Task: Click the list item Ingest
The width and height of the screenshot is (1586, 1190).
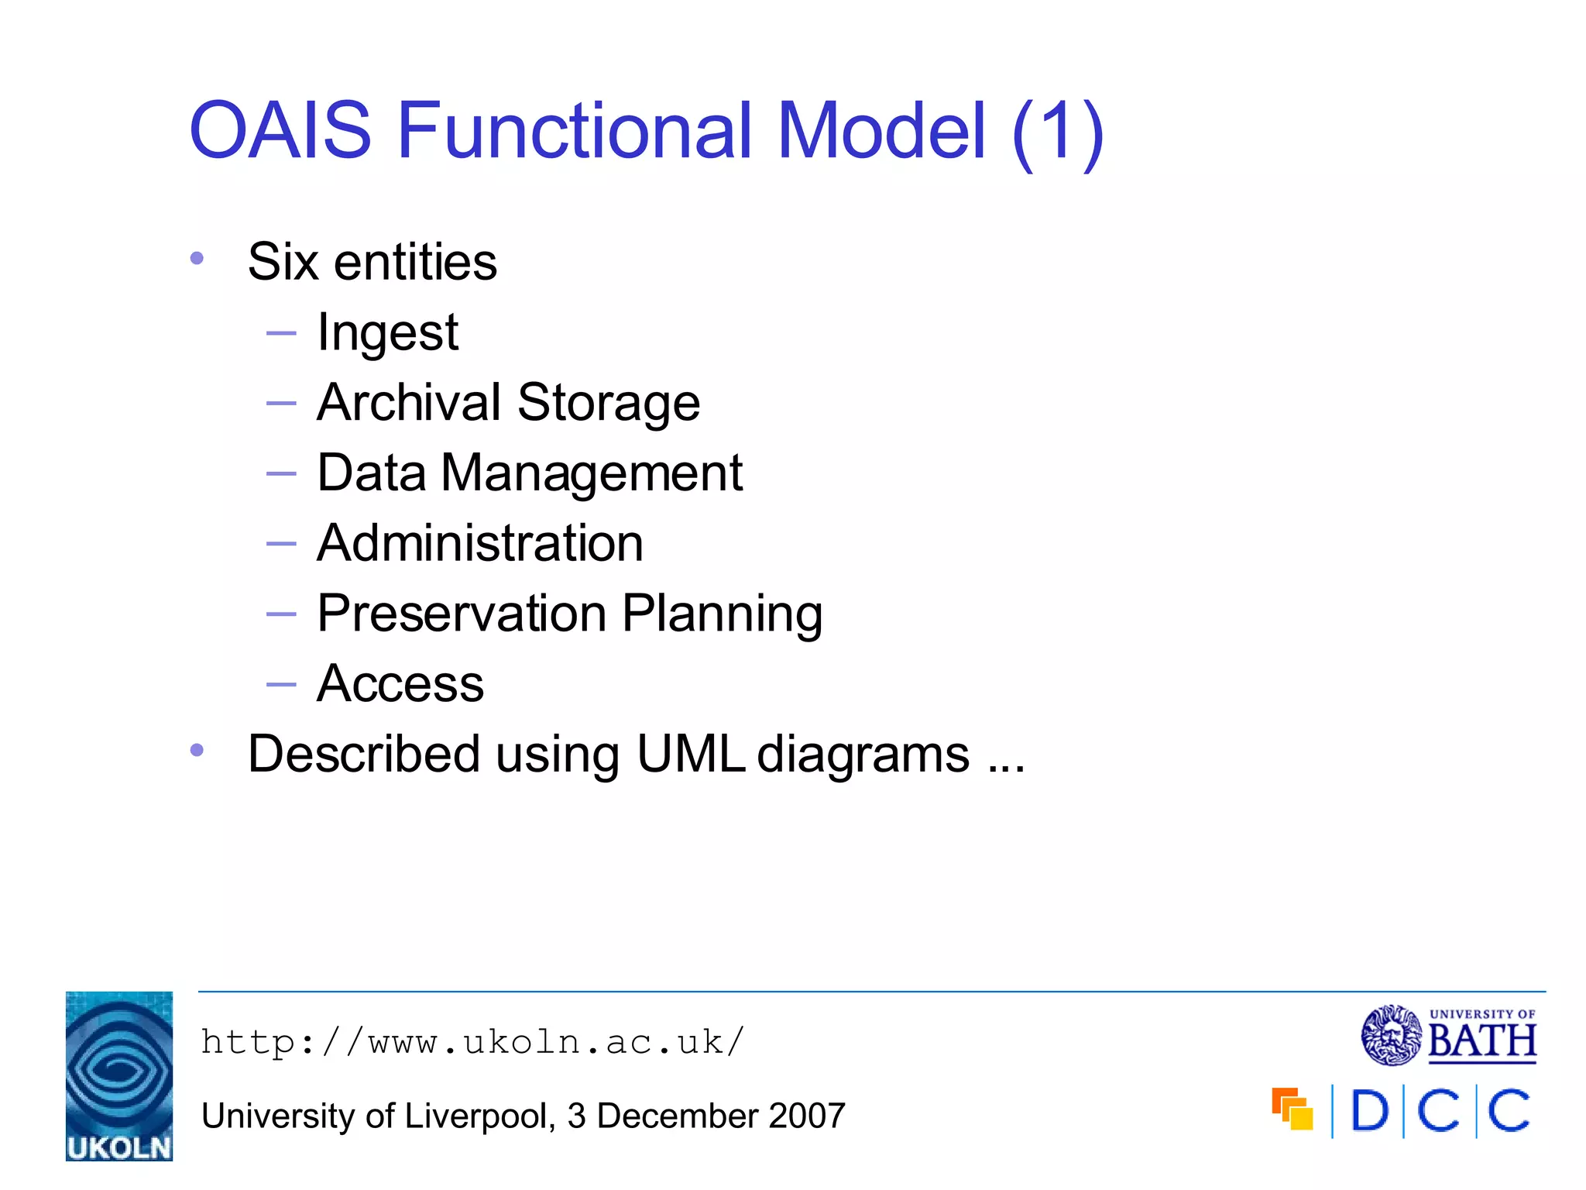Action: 388,333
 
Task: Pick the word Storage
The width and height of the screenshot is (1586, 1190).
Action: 609,403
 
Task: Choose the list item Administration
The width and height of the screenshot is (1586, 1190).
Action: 480,543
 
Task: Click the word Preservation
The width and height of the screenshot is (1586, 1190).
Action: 462,614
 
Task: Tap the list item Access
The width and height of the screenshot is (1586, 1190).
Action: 400,684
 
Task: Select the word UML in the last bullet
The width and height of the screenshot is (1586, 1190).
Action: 691,754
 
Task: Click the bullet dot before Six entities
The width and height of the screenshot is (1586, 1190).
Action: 197,259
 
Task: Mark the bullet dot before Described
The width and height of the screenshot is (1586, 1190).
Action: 197,750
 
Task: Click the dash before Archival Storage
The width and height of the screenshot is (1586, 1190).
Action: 281,403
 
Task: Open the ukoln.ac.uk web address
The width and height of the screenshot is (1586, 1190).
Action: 472,1043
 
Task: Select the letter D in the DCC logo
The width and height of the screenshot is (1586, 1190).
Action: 1369,1112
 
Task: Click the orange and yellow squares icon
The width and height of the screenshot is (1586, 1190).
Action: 1292,1109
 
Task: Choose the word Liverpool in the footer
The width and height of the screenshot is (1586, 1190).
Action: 475,1116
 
